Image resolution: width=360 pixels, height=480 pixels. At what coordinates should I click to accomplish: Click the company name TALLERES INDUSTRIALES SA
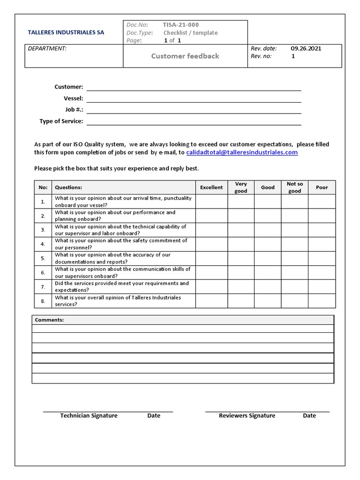67,33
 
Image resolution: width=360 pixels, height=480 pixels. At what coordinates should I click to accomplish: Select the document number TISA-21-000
177,25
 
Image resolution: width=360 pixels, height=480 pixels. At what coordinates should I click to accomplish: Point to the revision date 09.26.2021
306,48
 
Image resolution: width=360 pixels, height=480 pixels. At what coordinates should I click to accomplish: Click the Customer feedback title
185,56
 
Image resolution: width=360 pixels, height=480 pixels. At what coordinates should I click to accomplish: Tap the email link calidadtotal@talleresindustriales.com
242,152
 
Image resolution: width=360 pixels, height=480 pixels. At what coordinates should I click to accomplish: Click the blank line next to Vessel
194,99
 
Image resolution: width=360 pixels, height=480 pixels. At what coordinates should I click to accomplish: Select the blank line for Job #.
194,110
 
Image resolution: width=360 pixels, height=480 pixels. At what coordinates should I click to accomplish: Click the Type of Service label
61,121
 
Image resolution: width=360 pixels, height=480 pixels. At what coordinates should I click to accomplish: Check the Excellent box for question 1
211,202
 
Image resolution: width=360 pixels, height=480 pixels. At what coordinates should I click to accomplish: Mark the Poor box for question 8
322,301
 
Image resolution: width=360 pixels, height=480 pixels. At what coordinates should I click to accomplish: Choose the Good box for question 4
268,244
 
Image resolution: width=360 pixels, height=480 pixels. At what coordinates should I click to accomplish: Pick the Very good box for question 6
241,273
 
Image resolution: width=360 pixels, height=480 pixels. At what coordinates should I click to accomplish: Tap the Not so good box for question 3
294,230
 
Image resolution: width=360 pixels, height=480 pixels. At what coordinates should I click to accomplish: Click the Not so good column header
294,187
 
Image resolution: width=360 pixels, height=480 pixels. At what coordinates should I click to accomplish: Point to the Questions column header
68,187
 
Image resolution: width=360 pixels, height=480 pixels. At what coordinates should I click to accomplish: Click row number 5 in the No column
43,258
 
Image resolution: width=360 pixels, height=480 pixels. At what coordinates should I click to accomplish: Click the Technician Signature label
89,416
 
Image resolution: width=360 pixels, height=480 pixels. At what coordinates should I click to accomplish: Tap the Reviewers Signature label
247,416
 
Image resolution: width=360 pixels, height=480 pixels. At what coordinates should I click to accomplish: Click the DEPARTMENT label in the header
47,48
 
